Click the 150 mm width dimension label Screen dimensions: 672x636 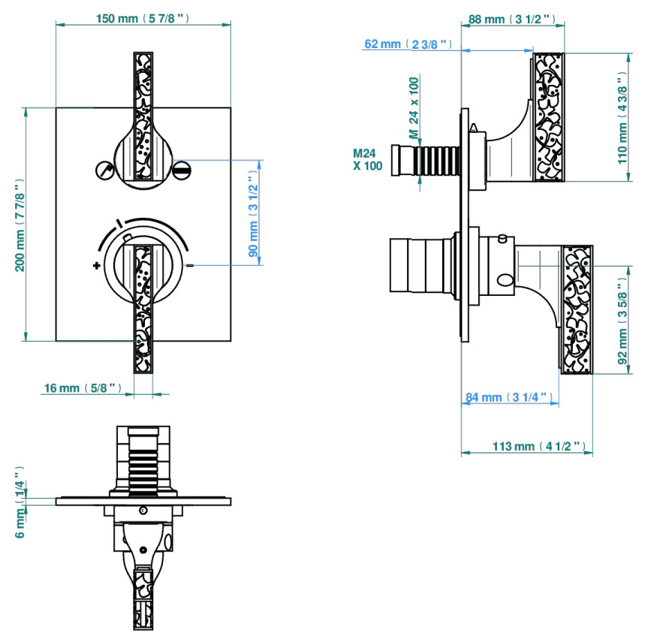[142, 19]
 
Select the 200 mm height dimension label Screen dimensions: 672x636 [20, 225]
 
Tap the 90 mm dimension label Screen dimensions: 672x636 [253, 213]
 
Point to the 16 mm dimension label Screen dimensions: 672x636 [83, 388]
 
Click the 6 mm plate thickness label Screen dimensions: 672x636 [20, 502]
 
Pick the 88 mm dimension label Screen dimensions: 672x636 [512, 20]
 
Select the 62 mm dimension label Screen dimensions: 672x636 [408, 44]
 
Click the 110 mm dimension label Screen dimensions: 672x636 [622, 118]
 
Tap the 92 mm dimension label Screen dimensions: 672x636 [622, 321]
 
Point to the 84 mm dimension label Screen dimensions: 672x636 [508, 397]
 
